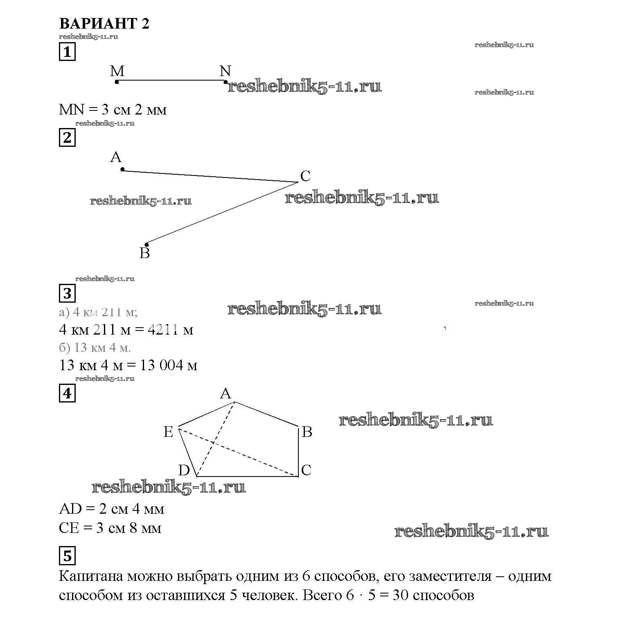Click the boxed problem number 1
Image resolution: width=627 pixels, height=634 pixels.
(x=68, y=52)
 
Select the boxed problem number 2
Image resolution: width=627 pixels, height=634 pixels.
(x=68, y=137)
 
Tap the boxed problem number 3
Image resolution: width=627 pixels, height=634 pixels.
(x=68, y=293)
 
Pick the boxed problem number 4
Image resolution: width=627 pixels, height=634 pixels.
(x=68, y=393)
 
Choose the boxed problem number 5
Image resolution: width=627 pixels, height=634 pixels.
(x=68, y=555)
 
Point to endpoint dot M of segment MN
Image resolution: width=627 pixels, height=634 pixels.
(x=117, y=82)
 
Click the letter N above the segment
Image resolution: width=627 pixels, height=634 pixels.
(x=225, y=71)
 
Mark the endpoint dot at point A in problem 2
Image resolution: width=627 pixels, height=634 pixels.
(x=122, y=169)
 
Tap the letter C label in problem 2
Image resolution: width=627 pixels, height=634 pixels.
(x=305, y=176)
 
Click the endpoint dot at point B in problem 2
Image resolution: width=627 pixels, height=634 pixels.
(x=147, y=245)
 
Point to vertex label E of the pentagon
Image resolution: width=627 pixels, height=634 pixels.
(x=168, y=432)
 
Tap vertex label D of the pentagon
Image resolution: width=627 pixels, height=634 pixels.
(x=184, y=470)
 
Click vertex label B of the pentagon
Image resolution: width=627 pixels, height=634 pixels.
(x=307, y=432)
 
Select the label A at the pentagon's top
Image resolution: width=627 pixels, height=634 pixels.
(x=226, y=393)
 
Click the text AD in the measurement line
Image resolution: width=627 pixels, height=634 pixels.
(x=70, y=509)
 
